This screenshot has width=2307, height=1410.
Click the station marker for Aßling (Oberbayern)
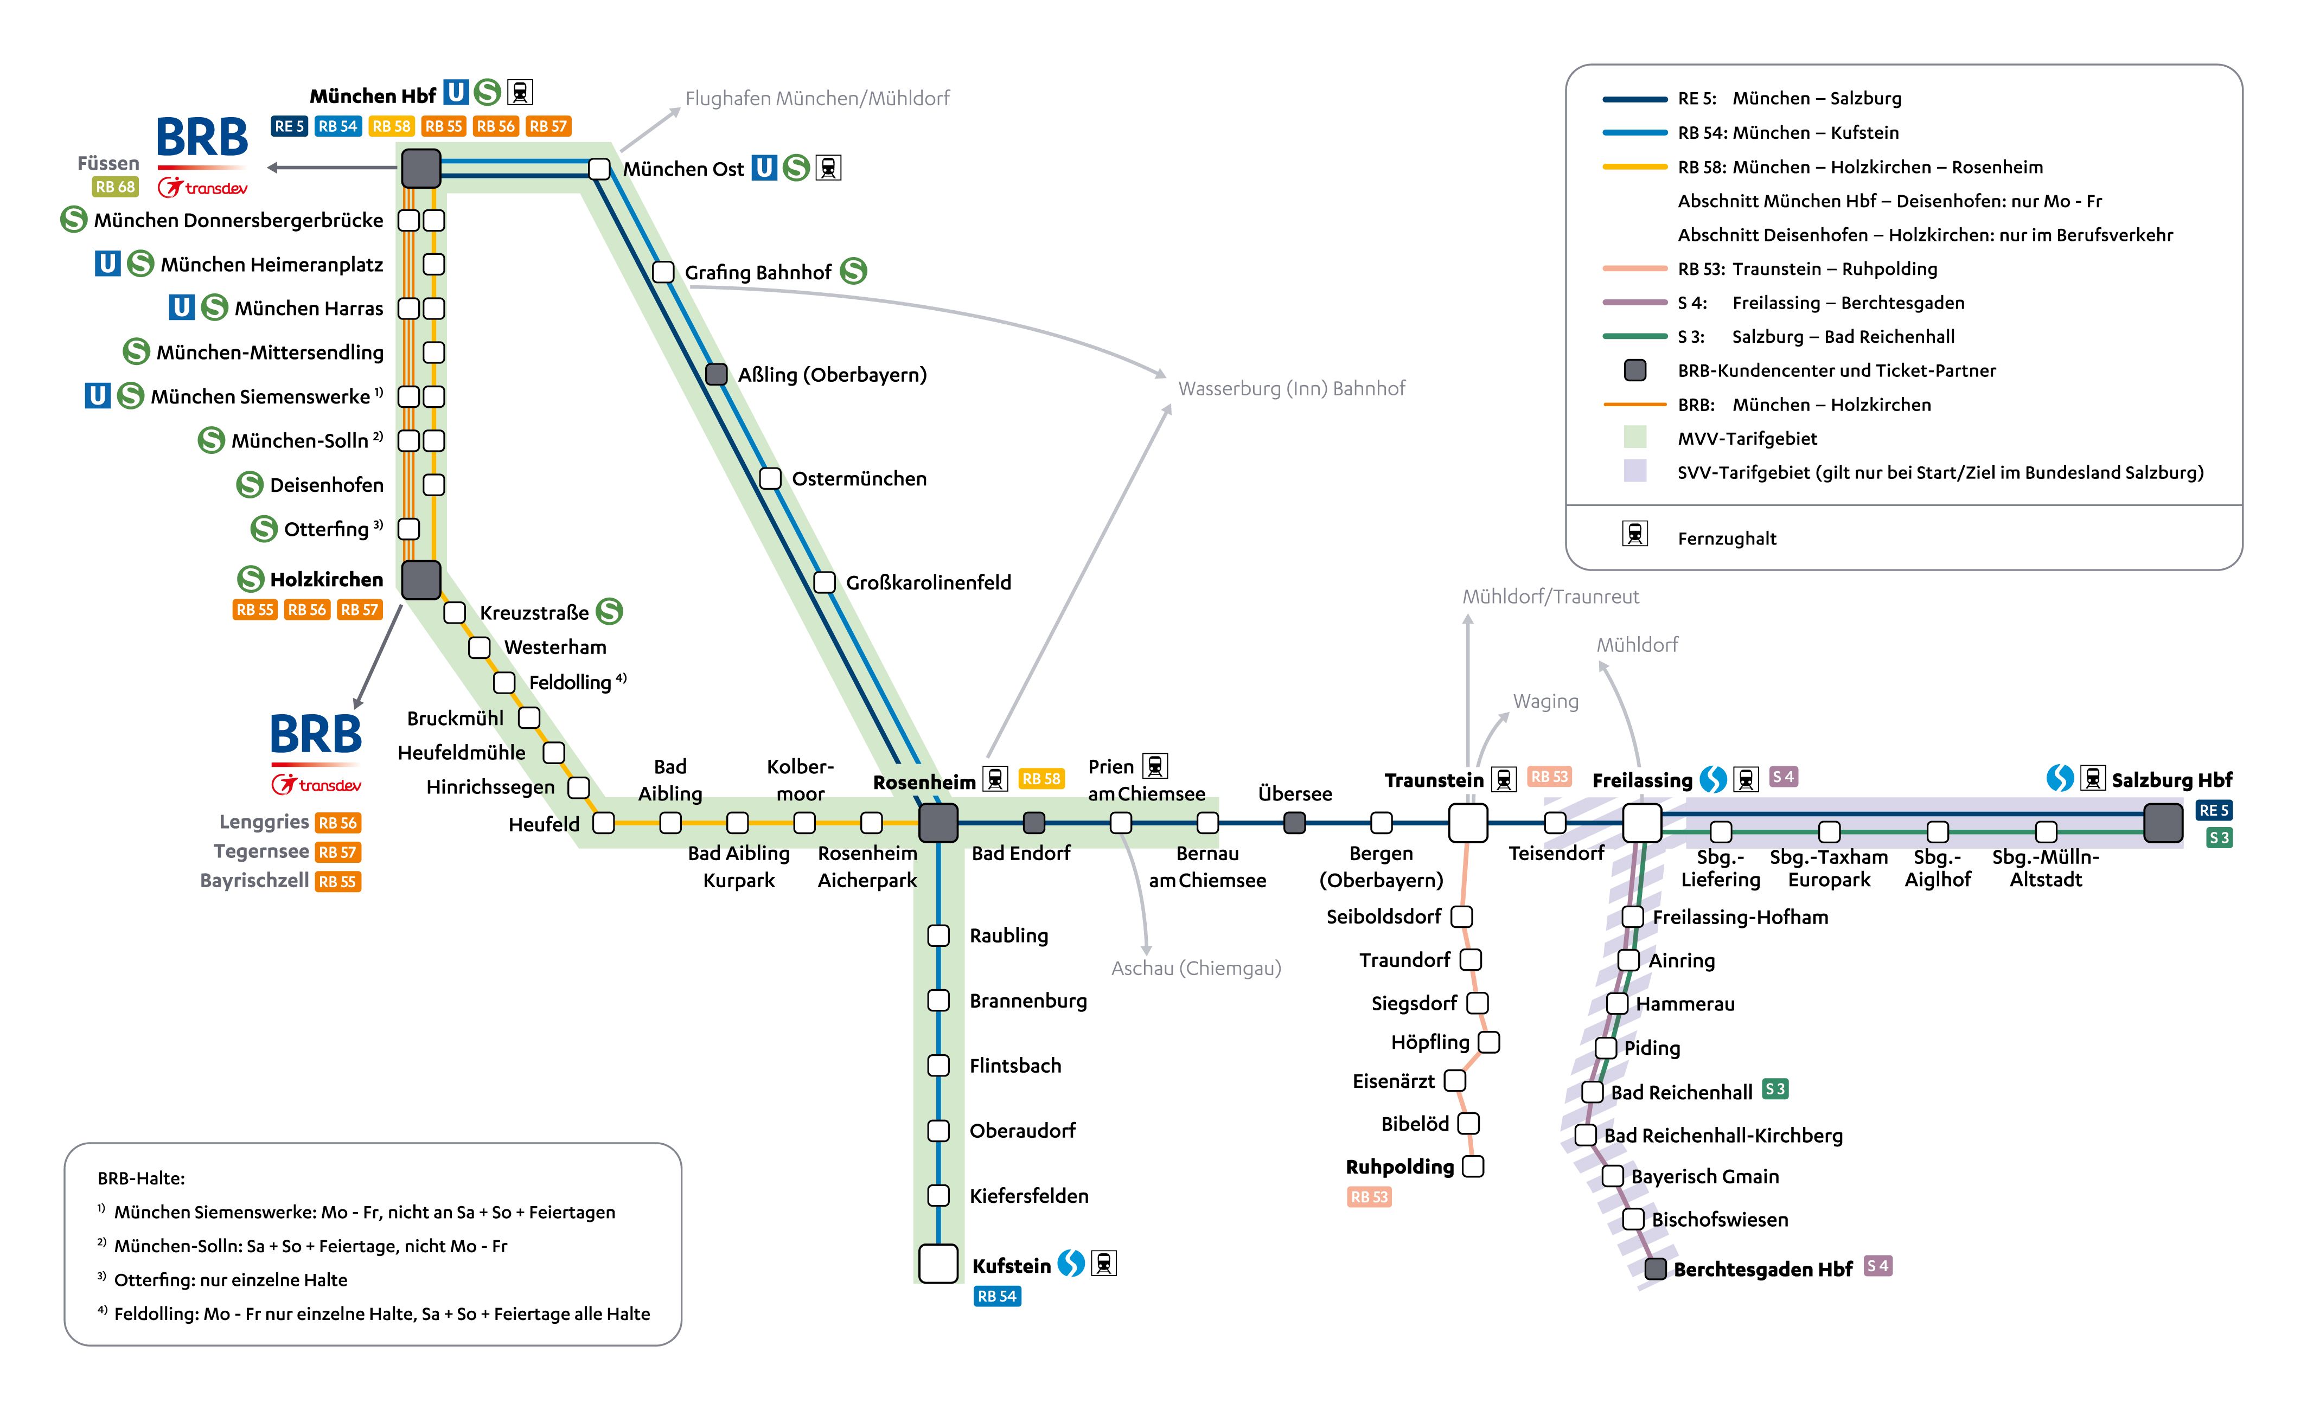(716, 375)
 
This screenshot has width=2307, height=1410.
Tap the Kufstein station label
(1011, 1266)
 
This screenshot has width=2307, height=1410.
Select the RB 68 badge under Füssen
(115, 187)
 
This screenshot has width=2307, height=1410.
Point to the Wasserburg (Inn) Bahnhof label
(1291, 388)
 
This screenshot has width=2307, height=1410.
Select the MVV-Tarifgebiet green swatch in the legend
(1635, 437)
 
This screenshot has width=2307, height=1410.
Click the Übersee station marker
(1294, 823)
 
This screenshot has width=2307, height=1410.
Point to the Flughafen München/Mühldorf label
(816, 98)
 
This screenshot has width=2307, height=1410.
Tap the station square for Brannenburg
(938, 1000)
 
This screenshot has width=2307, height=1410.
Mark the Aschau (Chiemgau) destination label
(1196, 968)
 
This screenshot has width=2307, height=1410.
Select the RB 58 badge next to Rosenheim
(1041, 779)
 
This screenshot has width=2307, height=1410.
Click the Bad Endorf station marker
(1034, 823)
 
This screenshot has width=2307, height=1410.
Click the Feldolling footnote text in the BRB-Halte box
(381, 1313)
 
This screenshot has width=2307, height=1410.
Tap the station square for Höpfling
(1488, 1042)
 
